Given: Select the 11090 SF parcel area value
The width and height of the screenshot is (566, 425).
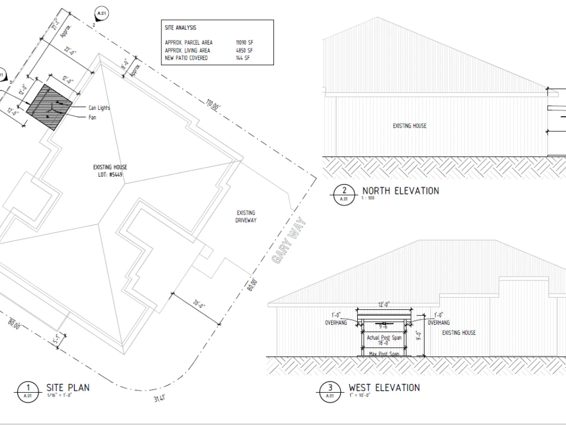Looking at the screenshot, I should click(244, 42).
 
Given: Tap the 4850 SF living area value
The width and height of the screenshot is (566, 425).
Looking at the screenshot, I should click(244, 50).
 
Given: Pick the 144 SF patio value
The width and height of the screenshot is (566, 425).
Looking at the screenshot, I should click(242, 58).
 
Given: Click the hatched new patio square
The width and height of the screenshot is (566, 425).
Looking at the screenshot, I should click(50, 106).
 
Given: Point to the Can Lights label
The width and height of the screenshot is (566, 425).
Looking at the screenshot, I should click(99, 108).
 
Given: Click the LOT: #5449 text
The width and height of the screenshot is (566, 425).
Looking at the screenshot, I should click(110, 175).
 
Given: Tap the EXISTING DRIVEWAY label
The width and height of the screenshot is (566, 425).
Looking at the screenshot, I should click(246, 216).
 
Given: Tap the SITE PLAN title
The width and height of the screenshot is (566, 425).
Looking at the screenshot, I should click(67, 388).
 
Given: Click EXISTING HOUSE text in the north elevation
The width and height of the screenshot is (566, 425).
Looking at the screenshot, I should click(409, 126).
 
